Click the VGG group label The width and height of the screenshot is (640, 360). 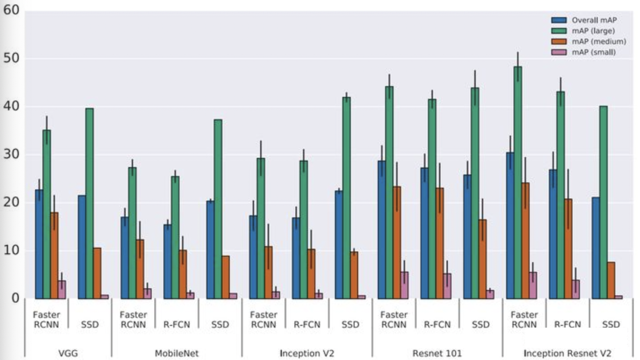(68, 353)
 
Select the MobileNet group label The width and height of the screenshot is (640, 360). (176, 353)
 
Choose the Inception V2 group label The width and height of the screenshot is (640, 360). (307, 353)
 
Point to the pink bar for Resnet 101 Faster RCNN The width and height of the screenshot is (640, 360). (404, 285)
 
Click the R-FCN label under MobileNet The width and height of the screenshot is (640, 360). (176, 325)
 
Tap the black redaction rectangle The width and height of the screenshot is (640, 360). (576, 338)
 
